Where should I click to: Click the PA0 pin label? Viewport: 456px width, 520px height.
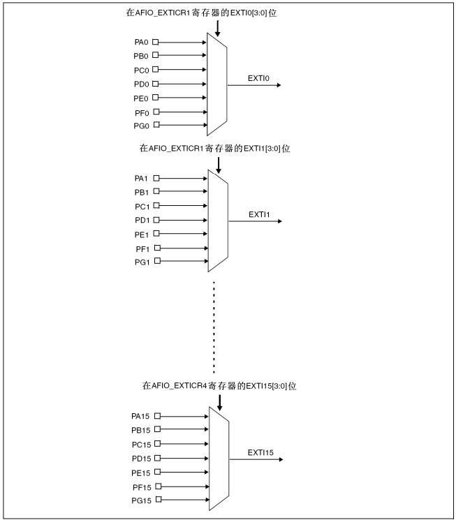tap(142, 42)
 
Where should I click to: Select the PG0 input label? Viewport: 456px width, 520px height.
tap(142, 126)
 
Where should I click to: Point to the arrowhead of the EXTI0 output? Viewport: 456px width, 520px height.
tap(279, 85)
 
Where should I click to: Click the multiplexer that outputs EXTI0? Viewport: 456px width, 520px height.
tap(217, 84)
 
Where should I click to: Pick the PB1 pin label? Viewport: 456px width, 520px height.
tap(142, 192)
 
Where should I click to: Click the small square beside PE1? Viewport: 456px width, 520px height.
tap(156, 234)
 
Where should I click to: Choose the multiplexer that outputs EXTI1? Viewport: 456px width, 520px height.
tap(218, 220)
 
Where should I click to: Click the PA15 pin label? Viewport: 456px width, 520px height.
tap(142, 416)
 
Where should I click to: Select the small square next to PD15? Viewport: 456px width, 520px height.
tap(158, 458)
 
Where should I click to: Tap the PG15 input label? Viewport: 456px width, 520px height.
tap(142, 500)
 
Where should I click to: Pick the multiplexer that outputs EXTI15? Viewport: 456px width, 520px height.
tap(219, 458)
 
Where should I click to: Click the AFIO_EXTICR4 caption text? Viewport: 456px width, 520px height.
tap(219, 386)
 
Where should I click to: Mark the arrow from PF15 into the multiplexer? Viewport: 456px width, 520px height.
tap(185, 486)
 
